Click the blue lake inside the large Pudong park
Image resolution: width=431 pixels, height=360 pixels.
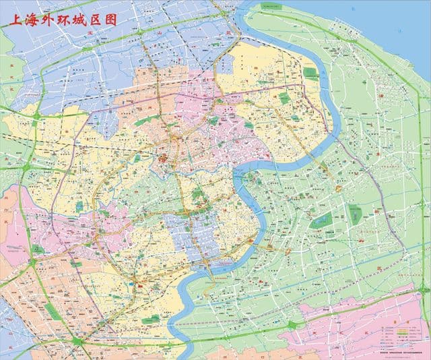[x=323, y=219]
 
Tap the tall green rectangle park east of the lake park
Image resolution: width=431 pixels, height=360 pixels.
[x=356, y=216]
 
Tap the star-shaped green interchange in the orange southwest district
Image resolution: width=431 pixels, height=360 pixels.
[x=78, y=341]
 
